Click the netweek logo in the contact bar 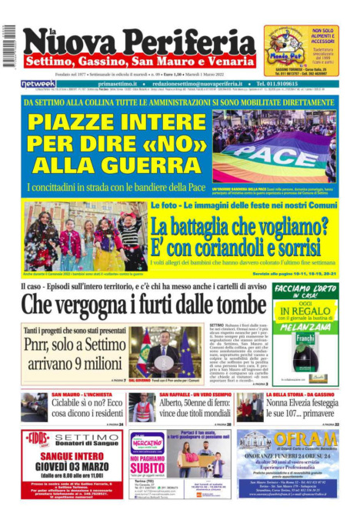(38, 83)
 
